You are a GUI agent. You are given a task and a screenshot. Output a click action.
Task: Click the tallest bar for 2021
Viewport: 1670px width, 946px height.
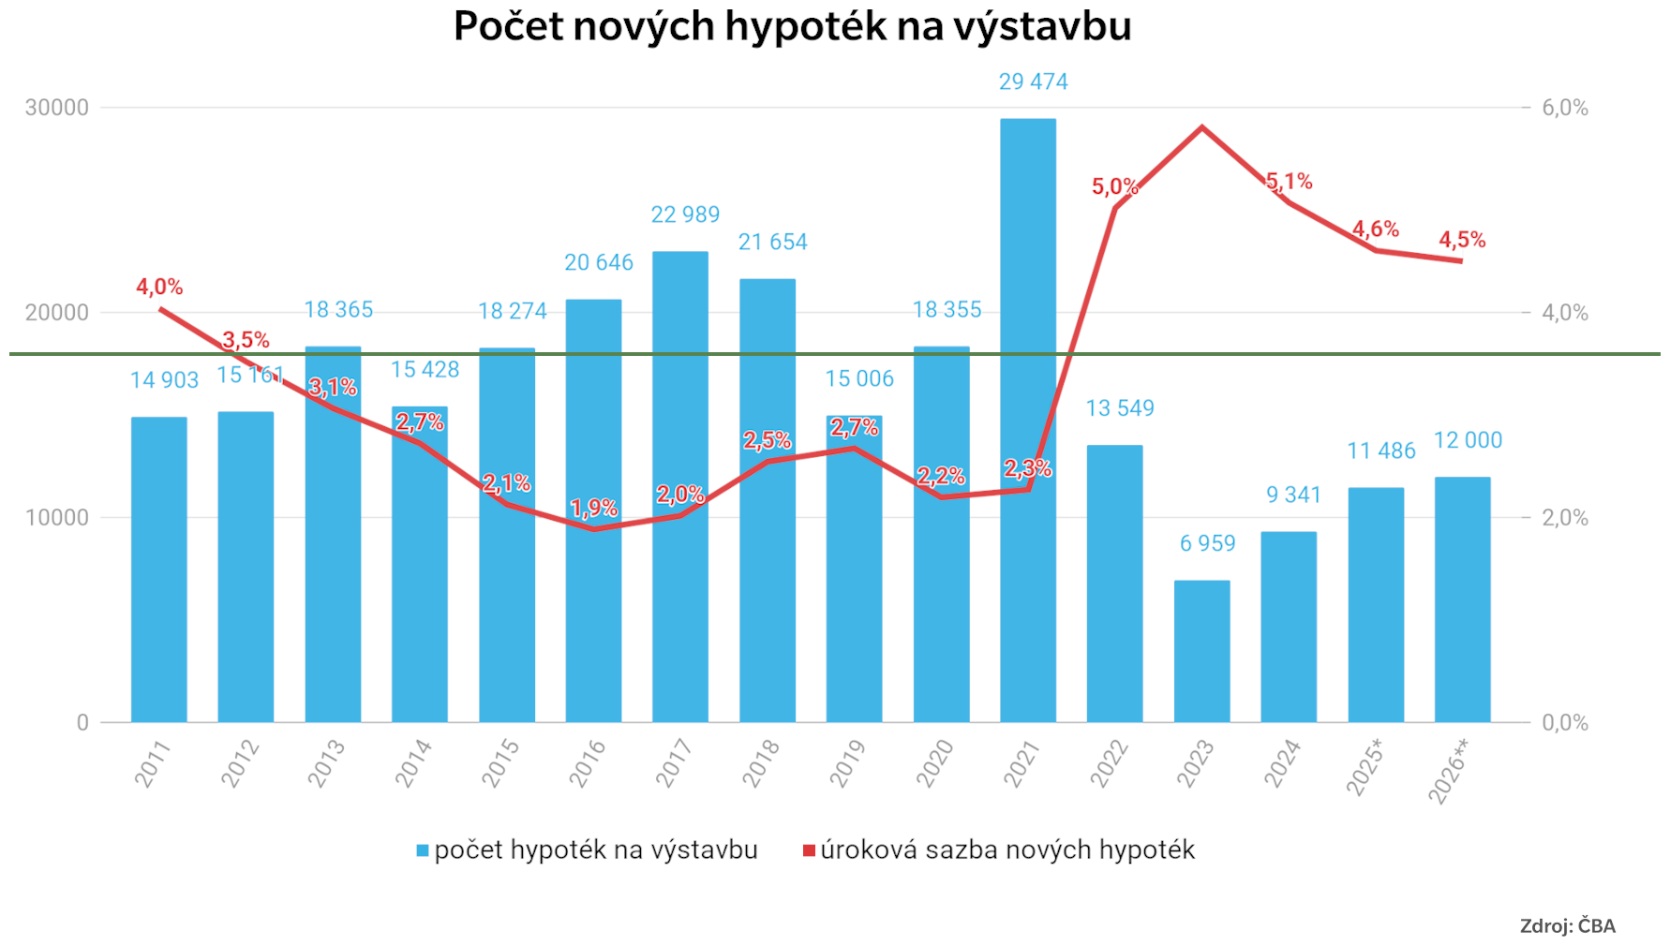1028,421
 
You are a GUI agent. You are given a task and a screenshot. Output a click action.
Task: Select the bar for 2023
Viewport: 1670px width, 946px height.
1201,652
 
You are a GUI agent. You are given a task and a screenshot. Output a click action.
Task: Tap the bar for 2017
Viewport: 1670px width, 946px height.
680,487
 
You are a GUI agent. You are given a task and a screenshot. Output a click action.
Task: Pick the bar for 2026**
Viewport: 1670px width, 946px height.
1462,599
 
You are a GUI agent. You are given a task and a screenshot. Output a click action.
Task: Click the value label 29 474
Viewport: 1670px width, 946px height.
1033,82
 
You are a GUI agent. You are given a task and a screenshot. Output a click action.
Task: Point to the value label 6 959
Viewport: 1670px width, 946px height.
1207,543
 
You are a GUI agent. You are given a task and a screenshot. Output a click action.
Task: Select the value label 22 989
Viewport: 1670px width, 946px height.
685,215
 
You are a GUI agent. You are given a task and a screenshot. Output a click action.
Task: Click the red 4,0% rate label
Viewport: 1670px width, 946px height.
159,288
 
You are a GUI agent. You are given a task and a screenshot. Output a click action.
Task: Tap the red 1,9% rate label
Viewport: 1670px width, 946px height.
594,509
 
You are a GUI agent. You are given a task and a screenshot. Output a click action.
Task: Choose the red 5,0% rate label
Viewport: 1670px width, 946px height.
1114,186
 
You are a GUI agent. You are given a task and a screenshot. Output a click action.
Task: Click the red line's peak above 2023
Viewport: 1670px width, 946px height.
1201,126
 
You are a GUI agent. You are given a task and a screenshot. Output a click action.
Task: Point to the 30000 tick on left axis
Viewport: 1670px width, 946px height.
57,108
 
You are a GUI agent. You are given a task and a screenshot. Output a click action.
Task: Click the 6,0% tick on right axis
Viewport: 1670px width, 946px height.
1565,108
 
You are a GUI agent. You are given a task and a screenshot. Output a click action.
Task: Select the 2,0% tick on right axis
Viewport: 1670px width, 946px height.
1565,518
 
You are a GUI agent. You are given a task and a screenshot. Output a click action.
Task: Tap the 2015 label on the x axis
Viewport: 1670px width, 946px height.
500,762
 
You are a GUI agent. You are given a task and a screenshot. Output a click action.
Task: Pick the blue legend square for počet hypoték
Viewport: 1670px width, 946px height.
423,850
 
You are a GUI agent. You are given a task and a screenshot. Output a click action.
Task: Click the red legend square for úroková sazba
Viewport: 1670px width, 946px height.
809,850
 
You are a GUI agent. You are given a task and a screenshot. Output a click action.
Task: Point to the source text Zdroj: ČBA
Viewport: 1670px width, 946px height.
1567,926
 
